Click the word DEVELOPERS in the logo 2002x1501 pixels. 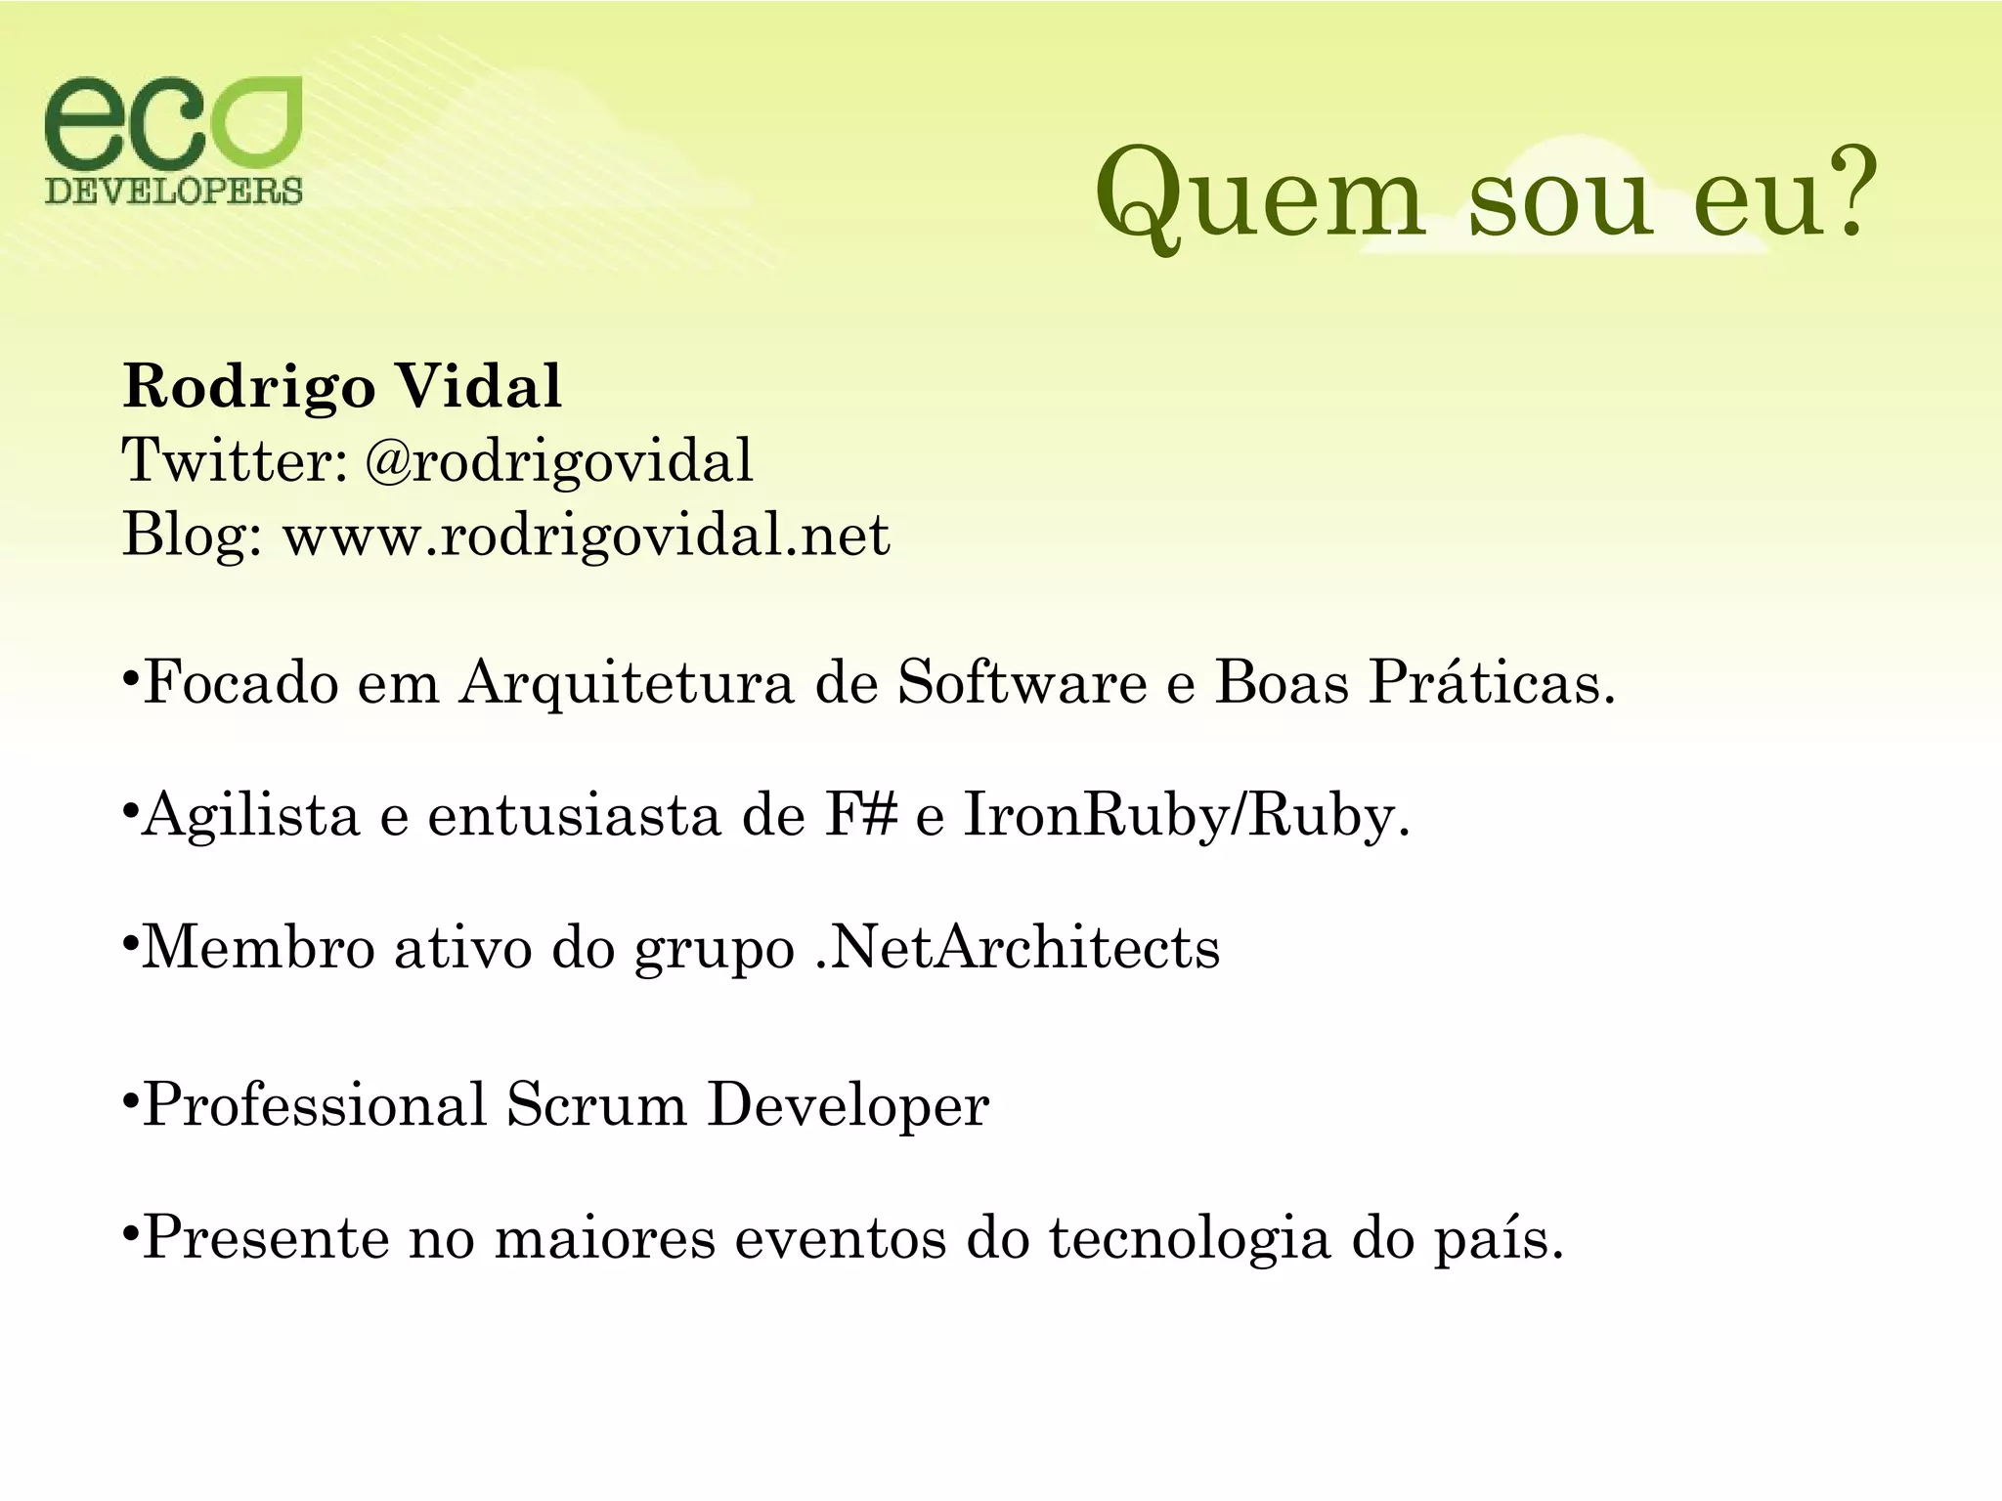click(174, 190)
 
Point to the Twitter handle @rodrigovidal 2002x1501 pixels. click(559, 460)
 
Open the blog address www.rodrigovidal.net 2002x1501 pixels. click(587, 535)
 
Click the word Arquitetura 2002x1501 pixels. click(627, 682)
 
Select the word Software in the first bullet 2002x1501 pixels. click(1023, 682)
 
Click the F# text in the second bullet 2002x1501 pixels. click(860, 815)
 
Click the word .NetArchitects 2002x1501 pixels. click(1018, 948)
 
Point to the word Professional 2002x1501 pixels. click(315, 1105)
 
